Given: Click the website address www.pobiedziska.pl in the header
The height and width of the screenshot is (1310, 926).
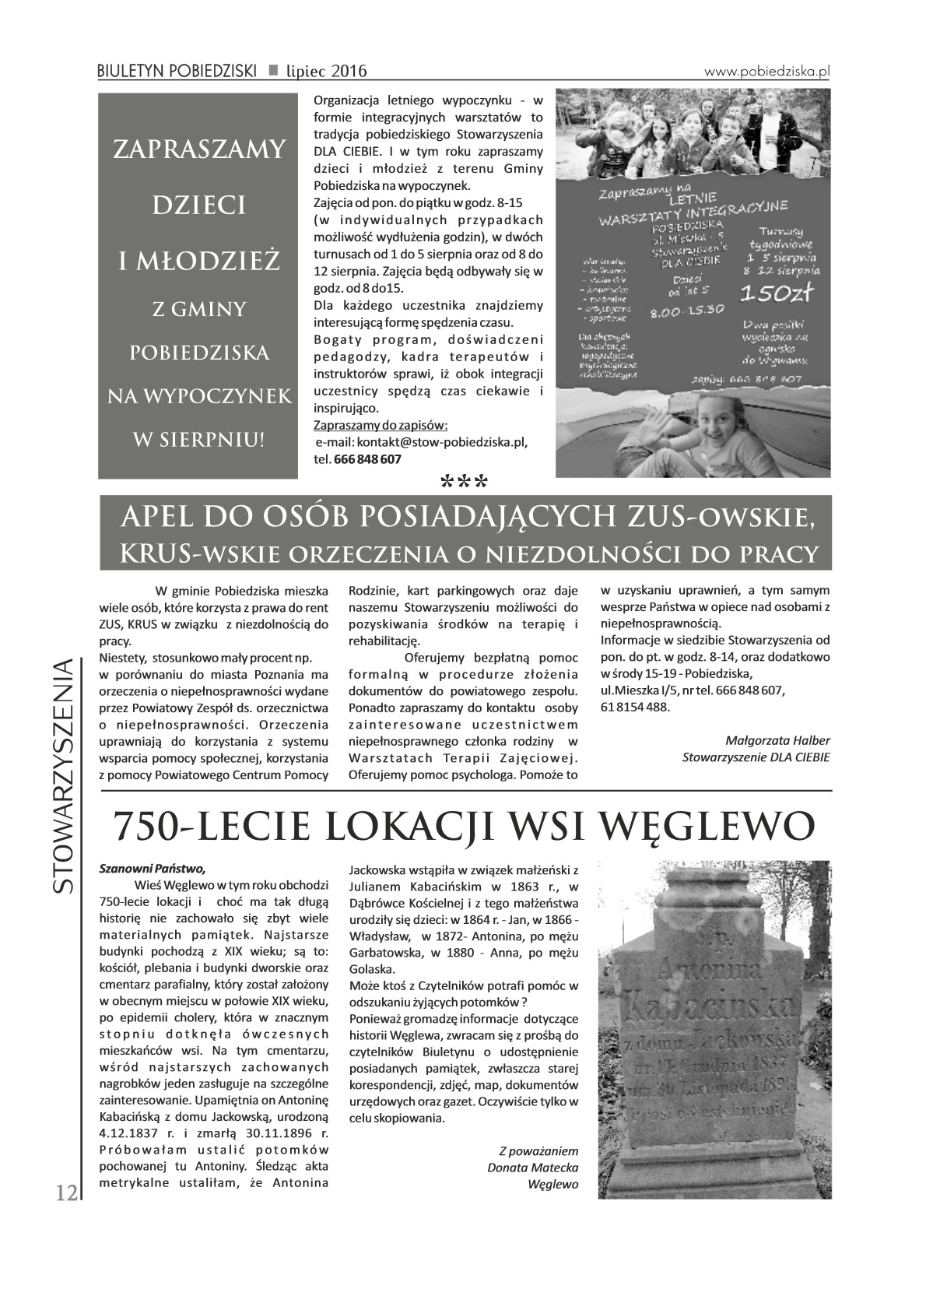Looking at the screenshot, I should click(x=767, y=70).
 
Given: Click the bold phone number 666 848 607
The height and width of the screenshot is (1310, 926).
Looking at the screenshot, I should click(x=368, y=459).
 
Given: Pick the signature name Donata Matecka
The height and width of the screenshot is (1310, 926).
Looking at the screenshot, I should click(x=532, y=1168).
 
